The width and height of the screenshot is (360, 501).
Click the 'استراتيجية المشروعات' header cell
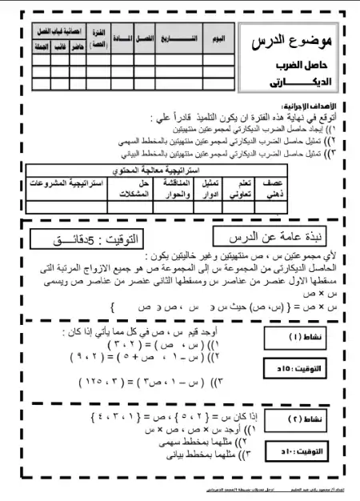pos(67,183)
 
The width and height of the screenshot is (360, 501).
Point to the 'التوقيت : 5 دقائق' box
pos(94,239)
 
